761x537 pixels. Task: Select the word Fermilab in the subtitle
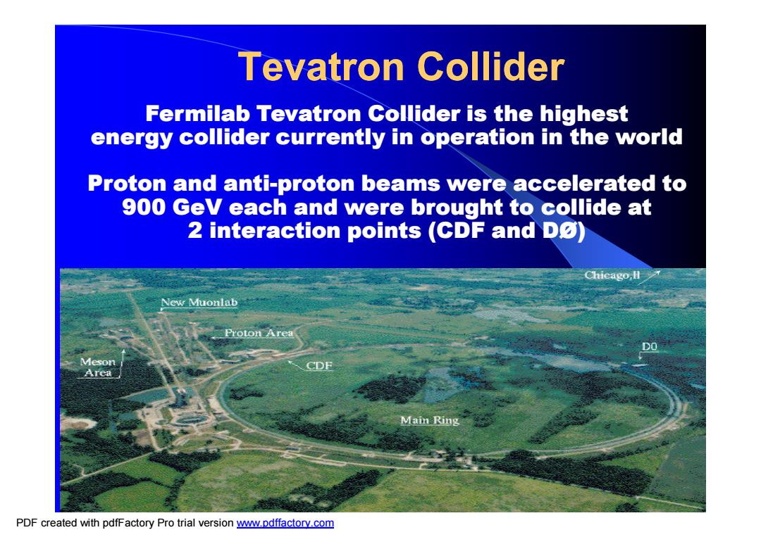(198, 114)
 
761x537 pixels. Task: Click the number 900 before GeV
(144, 207)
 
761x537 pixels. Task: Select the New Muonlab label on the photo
(199, 303)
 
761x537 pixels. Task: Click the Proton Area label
(259, 333)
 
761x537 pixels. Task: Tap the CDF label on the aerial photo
(319, 365)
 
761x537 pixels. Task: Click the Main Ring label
(430, 420)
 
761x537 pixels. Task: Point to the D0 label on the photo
(650, 346)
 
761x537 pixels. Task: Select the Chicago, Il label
(612, 275)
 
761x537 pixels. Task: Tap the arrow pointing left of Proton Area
(217, 336)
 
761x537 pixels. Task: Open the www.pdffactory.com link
(285, 523)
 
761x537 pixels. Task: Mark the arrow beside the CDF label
(295, 365)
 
